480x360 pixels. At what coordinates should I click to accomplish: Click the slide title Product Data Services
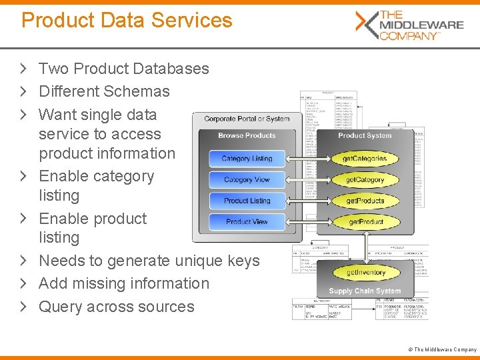(x=127, y=20)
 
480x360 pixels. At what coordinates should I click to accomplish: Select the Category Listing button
(x=247, y=159)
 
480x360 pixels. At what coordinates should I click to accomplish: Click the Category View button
(x=247, y=180)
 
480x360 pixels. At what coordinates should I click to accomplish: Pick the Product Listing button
(x=247, y=201)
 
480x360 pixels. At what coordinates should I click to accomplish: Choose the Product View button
(x=247, y=221)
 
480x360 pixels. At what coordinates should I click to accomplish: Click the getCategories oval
(x=365, y=159)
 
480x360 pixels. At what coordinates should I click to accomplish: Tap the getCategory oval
(x=365, y=180)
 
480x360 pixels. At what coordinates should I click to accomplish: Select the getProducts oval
(x=365, y=201)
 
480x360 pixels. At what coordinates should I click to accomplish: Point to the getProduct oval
(x=365, y=221)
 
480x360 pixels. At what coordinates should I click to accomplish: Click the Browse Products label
(x=247, y=135)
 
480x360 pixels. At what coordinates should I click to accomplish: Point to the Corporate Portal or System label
(x=247, y=119)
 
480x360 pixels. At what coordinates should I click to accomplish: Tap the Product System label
(x=365, y=135)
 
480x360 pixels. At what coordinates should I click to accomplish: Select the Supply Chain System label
(x=365, y=291)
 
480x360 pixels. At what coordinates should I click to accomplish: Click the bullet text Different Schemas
(x=104, y=91)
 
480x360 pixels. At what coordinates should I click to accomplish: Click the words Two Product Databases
(x=123, y=69)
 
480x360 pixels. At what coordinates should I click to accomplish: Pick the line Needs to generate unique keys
(x=149, y=261)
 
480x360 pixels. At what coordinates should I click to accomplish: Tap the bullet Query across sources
(x=117, y=307)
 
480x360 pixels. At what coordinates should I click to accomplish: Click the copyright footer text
(x=445, y=349)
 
